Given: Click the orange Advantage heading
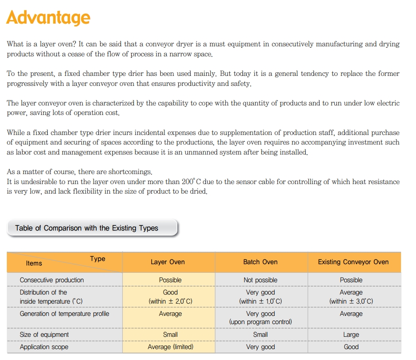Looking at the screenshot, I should (x=48, y=18).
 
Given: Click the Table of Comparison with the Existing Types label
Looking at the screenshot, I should (x=87, y=228).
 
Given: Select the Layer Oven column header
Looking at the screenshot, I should (x=168, y=262).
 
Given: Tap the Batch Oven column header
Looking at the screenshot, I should (x=260, y=262).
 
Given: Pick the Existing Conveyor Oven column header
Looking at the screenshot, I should (x=353, y=262).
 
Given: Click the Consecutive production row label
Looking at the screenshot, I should (x=52, y=280).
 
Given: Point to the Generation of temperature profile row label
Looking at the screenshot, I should (x=64, y=314).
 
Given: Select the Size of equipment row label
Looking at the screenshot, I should (x=44, y=335).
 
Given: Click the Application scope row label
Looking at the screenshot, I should (x=44, y=347).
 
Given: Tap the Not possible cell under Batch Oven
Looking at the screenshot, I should (x=260, y=280).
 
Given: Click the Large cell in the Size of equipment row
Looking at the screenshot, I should (x=351, y=335).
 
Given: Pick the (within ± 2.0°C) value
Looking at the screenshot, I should (x=170, y=301).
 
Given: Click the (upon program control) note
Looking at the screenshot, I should (x=260, y=322).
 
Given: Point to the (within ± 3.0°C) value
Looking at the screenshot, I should (x=351, y=301).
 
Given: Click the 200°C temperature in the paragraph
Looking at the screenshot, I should (x=191, y=182).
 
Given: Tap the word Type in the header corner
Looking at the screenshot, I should (x=97, y=259).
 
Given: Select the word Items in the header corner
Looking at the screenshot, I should (x=34, y=263).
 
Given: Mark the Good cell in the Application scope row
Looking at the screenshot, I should (x=351, y=347).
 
